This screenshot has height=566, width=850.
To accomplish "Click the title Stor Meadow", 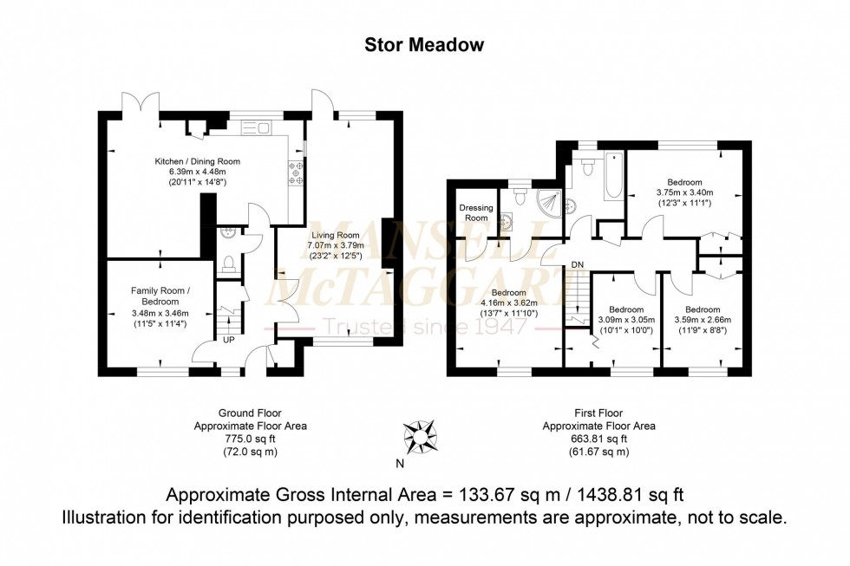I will pyautogui.click(x=424, y=43).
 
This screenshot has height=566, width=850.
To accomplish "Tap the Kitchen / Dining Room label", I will pyautogui.click(x=197, y=162).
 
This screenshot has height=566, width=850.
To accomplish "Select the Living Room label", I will pyautogui.click(x=336, y=234).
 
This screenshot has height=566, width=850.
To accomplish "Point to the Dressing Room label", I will pyautogui.click(x=475, y=213).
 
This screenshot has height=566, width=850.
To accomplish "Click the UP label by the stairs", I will pyautogui.click(x=229, y=339).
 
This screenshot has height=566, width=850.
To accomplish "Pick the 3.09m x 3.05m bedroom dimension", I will pyautogui.click(x=625, y=320).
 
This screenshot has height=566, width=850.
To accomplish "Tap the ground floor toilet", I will pyautogui.click(x=229, y=263).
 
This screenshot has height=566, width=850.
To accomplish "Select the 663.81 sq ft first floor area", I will pyautogui.click(x=598, y=439).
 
